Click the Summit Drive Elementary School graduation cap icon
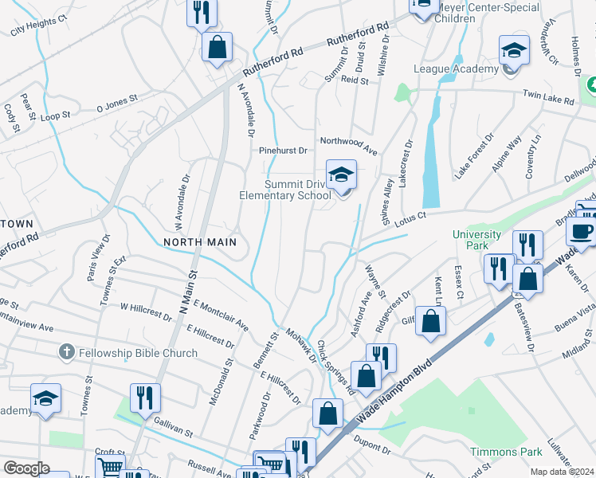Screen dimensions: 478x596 pos(341,174)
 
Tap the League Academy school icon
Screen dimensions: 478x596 pos(515,51)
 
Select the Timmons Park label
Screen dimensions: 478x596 pos(494,452)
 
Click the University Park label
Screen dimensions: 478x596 pos(476,240)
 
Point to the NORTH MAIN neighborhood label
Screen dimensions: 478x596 pos(200,241)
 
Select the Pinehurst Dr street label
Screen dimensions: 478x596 pos(282,150)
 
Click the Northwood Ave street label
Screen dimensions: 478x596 pos(348,140)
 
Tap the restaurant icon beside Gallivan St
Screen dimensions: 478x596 pos(145,398)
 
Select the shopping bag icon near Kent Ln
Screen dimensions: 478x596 pos(431,322)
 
